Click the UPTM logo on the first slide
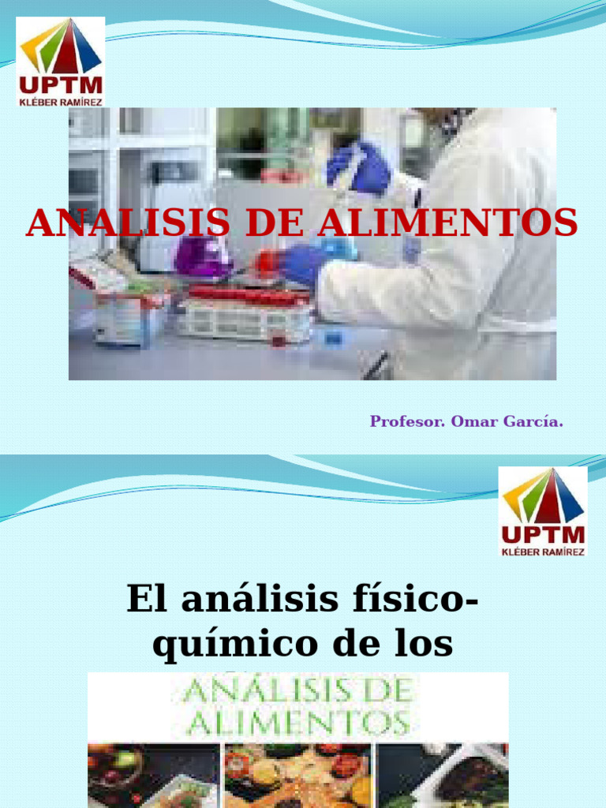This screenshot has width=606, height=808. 61,62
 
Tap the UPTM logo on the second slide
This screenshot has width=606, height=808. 543,511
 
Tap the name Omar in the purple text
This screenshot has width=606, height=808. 473,422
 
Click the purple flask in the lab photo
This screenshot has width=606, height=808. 200,256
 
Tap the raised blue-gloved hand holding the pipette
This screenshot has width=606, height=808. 360,166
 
